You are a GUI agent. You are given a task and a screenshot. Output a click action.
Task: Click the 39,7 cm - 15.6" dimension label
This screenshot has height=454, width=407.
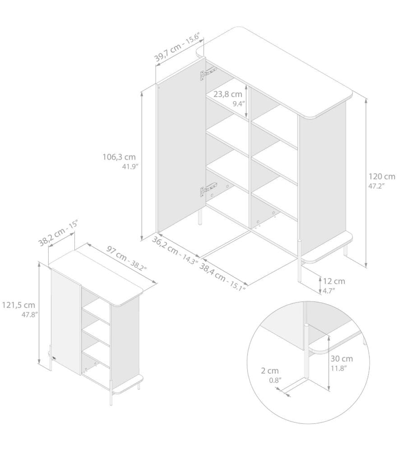[177, 48]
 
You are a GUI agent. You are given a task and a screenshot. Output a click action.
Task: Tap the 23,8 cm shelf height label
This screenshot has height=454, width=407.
[228, 94]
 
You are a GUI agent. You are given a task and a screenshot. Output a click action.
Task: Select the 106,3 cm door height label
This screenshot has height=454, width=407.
[119, 157]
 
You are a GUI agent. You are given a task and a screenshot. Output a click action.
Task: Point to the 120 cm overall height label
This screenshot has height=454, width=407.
[382, 176]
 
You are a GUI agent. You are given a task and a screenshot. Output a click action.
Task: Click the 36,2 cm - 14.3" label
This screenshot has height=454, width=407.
[175, 250]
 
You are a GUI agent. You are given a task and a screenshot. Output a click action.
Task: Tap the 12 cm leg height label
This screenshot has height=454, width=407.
[334, 281]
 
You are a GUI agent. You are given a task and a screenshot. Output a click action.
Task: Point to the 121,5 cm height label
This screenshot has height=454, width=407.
[18, 305]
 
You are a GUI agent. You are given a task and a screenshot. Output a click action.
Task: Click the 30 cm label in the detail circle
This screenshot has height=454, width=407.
[342, 359]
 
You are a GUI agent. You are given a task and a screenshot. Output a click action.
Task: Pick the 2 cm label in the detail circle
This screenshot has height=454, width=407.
[270, 371]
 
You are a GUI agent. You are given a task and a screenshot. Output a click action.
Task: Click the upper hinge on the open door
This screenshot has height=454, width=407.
[208, 74]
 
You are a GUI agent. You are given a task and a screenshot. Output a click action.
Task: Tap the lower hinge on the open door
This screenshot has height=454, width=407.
[208, 190]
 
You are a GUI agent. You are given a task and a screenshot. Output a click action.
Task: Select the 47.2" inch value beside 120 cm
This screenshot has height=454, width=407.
[376, 186]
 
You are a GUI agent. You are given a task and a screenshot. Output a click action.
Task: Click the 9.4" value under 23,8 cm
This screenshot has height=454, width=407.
[239, 104]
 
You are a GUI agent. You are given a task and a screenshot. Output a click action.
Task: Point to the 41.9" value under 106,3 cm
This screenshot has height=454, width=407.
[131, 167]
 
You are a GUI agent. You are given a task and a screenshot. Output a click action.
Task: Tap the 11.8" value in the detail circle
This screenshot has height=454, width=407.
[339, 368]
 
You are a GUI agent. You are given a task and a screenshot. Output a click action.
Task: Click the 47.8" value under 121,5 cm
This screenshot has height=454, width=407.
[30, 315]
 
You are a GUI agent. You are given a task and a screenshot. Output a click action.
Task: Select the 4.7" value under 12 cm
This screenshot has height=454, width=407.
[329, 291]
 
